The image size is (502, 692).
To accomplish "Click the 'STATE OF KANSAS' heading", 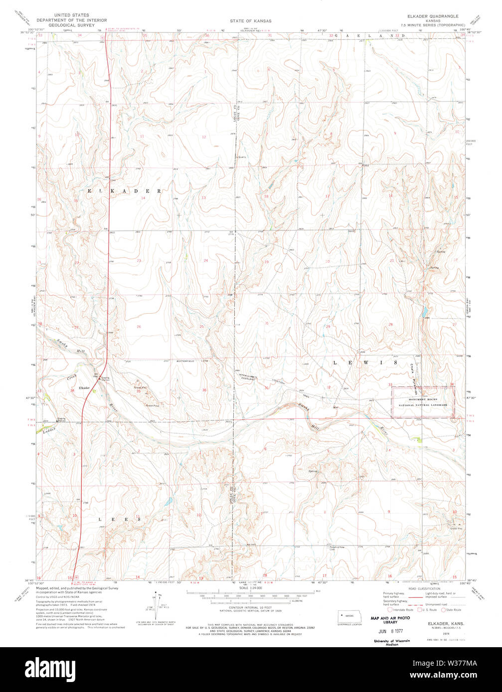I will click(x=251, y=21).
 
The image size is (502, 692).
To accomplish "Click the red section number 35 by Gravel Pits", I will click(x=139, y=391).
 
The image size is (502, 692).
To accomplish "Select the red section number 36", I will click(x=204, y=390).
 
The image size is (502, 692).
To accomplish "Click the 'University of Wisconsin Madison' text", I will click(x=392, y=642).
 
